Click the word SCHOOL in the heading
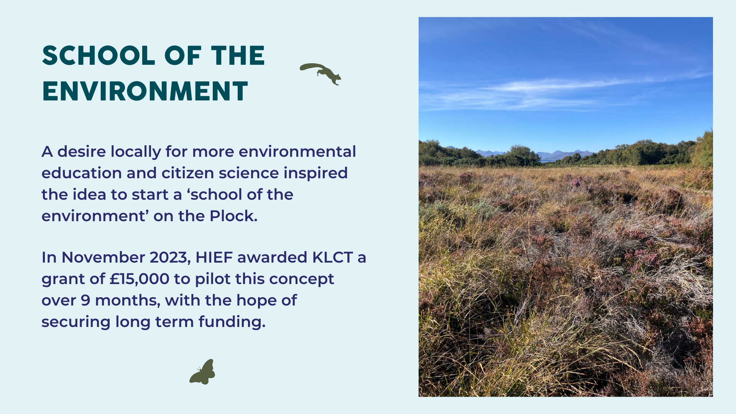coord(99,56)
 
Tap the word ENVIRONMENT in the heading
coord(145,91)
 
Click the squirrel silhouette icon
coord(320,74)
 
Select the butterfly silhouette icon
coord(202,372)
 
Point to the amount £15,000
coord(140,279)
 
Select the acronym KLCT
coord(333,258)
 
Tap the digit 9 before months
coord(85,301)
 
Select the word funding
coord(232,322)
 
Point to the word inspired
coord(315,173)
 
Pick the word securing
coord(76,322)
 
